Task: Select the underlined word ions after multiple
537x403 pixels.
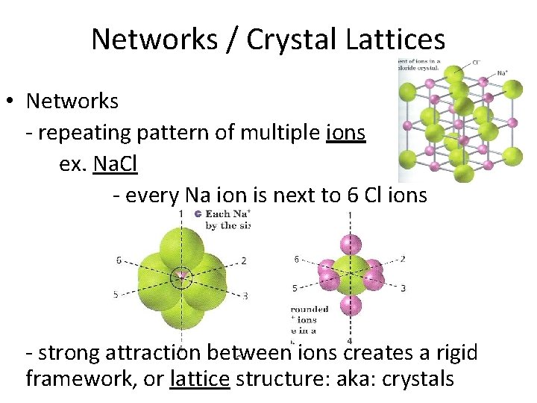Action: click(345, 133)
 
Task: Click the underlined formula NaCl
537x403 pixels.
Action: click(116, 164)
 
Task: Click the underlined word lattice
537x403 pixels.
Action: click(199, 378)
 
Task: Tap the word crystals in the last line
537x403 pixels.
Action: click(418, 378)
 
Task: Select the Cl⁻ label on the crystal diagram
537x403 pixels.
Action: click(478, 63)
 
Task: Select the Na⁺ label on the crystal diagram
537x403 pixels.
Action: click(503, 73)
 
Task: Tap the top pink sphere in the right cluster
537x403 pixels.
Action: click(350, 243)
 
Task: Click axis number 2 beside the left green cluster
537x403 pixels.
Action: click(244, 260)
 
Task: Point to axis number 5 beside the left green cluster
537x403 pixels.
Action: click(116, 295)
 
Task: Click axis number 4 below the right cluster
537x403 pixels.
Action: click(350, 341)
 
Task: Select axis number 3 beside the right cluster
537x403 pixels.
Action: click(403, 287)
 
